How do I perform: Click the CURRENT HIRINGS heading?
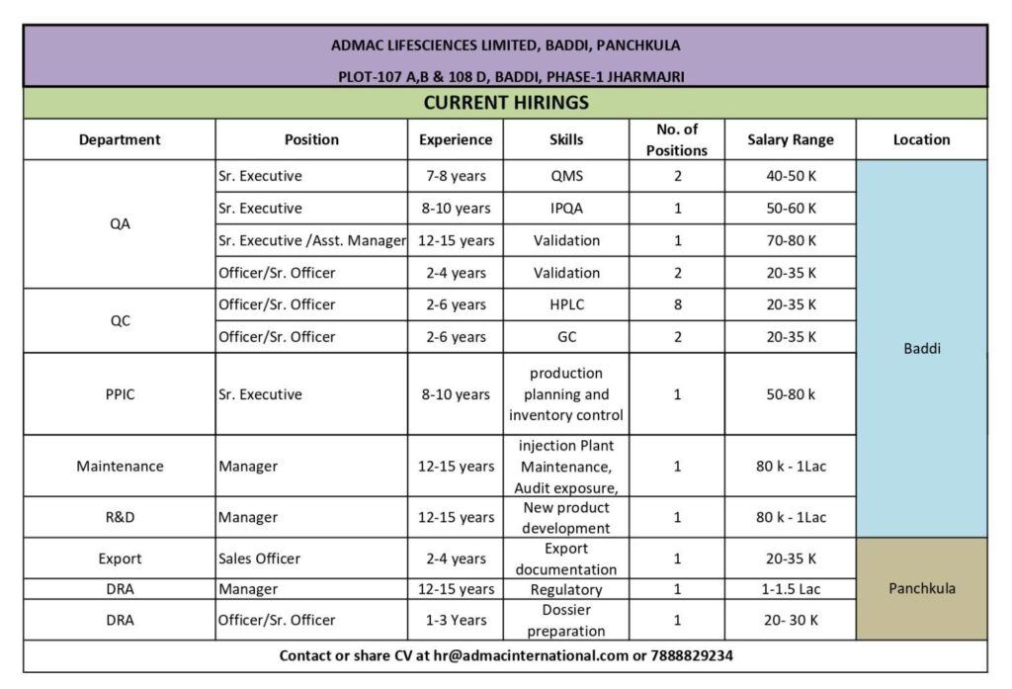[505, 103]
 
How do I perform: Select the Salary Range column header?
[790, 139]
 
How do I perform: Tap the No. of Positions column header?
[677, 139]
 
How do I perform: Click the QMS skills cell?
[566, 176]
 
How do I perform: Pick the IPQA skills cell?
[566, 209]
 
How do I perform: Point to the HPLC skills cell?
[566, 304]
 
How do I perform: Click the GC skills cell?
[566, 336]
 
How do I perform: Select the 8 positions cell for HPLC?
[677, 304]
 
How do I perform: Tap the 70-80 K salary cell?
[790, 240]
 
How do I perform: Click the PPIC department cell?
[120, 394]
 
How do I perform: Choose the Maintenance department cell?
[120, 466]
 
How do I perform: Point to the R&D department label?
[120, 517]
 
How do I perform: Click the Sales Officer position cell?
[259, 559]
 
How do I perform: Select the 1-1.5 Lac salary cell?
[790, 589]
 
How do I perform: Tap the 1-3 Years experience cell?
[456, 620]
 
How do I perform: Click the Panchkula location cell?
[921, 589]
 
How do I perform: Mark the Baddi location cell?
[921, 349]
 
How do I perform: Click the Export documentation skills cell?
[566, 559]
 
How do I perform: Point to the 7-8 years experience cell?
[456, 176]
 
